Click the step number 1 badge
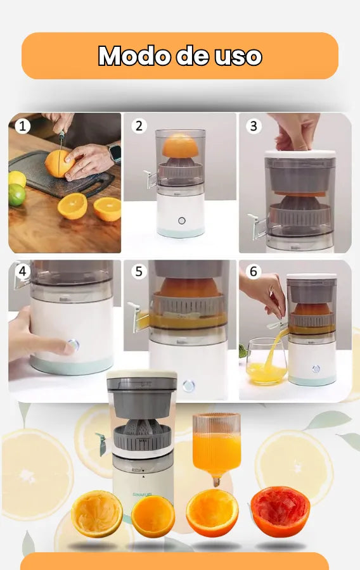click(23, 126)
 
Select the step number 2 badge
click(139, 126)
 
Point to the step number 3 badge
click(254, 126)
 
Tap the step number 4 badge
click(23, 271)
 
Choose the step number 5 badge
click(139, 271)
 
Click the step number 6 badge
click(254, 271)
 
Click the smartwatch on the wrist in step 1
click(114, 152)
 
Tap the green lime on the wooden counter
click(16, 195)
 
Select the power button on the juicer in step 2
click(182, 220)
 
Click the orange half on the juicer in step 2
click(181, 146)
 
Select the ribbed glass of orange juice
click(217, 446)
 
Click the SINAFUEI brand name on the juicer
click(142, 495)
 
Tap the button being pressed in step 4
click(73, 345)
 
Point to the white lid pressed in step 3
click(300, 154)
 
